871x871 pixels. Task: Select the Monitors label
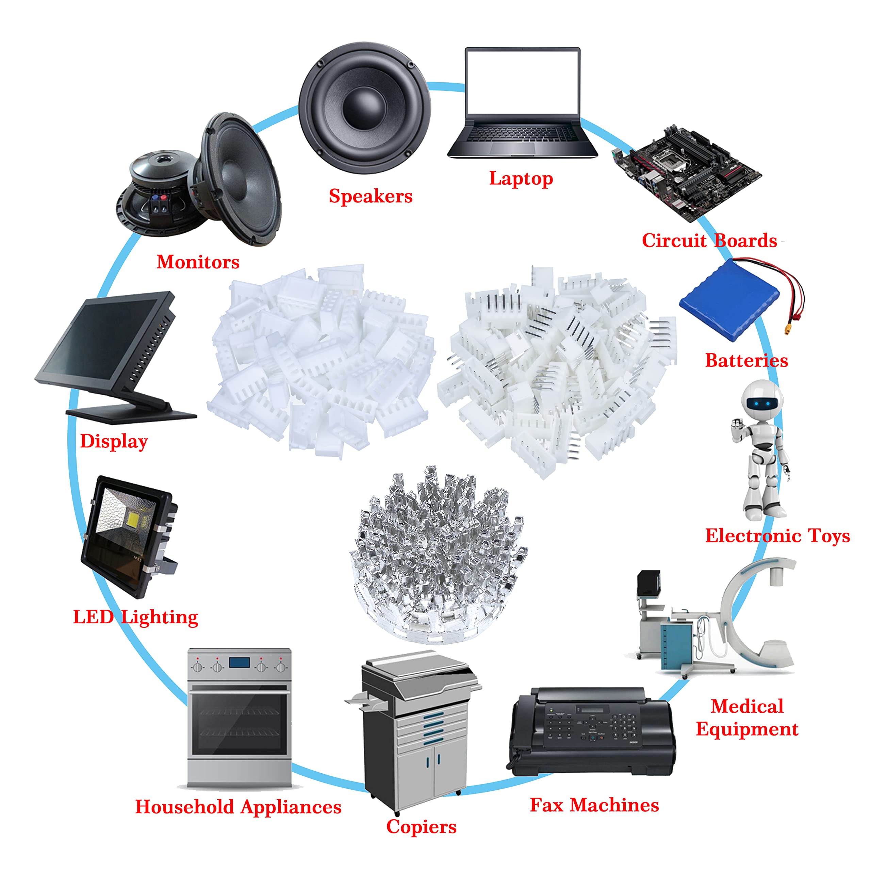coord(198,262)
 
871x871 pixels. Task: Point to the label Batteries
coord(746,360)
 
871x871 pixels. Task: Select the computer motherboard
coord(687,174)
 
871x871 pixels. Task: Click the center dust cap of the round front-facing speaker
coord(364,108)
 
